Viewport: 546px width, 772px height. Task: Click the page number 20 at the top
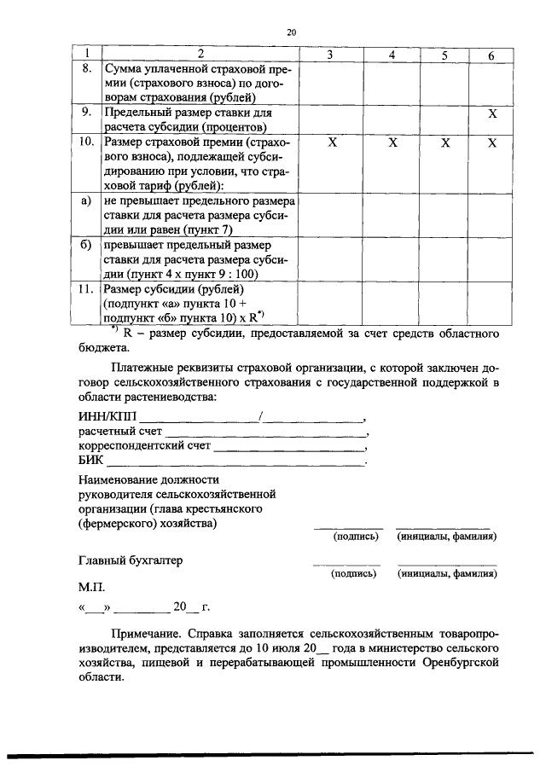(290, 32)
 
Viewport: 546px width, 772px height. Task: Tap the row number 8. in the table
(86, 67)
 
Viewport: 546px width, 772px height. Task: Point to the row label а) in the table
(85, 201)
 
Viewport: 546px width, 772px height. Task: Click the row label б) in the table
(85, 246)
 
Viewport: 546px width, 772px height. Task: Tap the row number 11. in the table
(85, 290)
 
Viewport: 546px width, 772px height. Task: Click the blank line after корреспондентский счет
(290, 449)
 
